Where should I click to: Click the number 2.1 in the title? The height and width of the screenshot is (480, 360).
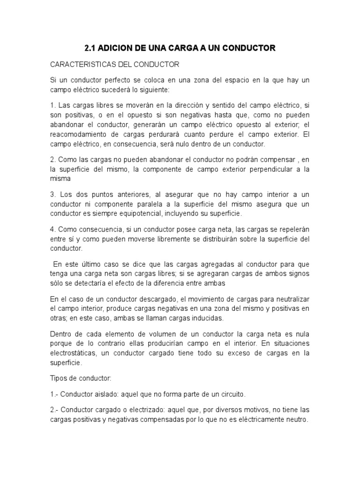(x=90, y=48)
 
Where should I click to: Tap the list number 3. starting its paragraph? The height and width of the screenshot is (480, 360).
(x=53, y=195)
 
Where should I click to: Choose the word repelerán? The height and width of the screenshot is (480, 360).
(x=292, y=229)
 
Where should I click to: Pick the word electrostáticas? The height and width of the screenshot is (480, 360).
(x=73, y=352)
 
